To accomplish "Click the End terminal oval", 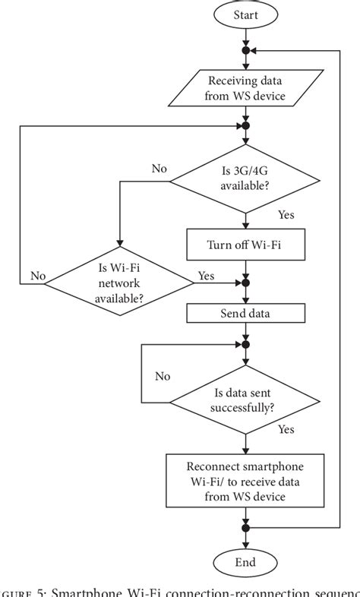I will (245, 562).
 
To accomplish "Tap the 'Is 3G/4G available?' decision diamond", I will (245, 181).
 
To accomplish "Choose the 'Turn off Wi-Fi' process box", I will (245, 245).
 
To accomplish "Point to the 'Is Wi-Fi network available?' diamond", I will (120, 283).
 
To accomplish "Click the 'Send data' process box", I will (245, 313).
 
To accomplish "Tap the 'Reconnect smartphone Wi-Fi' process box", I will (245, 480).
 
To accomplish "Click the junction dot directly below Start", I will (245, 50).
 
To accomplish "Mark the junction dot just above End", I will (245, 527).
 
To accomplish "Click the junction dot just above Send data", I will (245, 283).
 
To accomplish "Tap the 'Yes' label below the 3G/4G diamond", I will (286, 215).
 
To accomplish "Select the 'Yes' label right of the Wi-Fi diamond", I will (206, 275).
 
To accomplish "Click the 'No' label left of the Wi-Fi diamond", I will (38, 276).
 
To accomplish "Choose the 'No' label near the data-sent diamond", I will (163, 376).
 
